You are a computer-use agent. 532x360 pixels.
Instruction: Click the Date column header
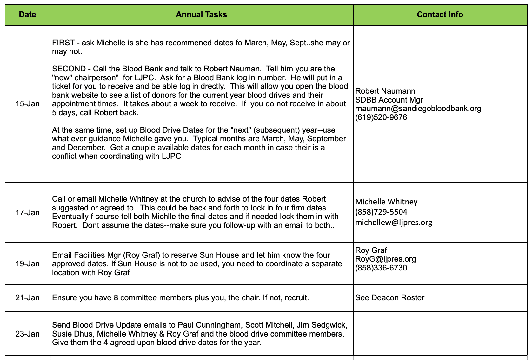click(x=27, y=15)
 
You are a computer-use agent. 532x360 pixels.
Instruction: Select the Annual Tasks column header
click(x=201, y=15)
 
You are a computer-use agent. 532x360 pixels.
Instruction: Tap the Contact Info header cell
click(x=440, y=15)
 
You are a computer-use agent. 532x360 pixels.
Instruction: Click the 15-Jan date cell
click(x=27, y=104)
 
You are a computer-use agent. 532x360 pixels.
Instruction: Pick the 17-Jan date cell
click(x=27, y=212)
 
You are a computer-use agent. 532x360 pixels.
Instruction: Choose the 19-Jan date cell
click(x=27, y=263)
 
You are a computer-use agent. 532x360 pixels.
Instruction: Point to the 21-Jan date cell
click(x=27, y=298)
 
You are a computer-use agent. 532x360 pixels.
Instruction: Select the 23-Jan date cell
click(x=27, y=334)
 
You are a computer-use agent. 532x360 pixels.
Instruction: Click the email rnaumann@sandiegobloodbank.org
click(x=418, y=109)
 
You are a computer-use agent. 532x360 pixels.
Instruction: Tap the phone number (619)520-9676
click(x=381, y=117)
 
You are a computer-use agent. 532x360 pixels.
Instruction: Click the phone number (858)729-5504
click(x=381, y=212)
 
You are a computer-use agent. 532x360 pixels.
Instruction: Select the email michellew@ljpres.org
click(x=394, y=223)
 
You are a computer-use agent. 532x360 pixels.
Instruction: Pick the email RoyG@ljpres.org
click(x=385, y=259)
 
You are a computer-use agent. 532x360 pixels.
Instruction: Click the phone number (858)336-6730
click(x=381, y=268)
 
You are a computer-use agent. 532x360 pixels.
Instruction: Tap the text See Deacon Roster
click(x=389, y=298)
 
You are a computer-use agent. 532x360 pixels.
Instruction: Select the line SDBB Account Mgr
click(x=389, y=100)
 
